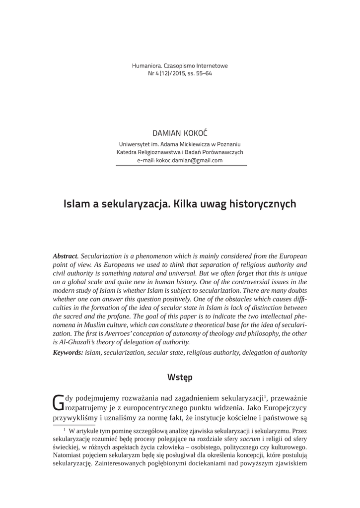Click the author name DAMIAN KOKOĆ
tap(179, 134)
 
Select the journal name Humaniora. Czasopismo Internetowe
tap(179, 65)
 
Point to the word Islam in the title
tap(77, 204)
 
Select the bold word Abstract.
tap(66, 256)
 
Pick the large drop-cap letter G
tap(58, 401)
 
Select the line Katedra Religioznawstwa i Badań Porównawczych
tap(179, 152)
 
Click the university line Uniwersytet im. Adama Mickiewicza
tap(179, 143)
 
